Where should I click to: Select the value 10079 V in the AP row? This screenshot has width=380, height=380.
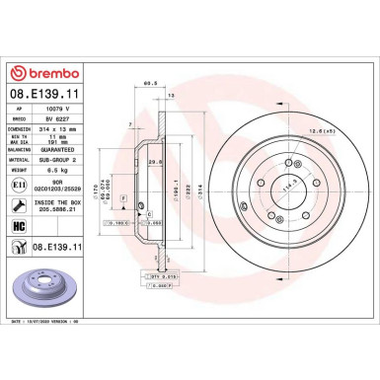pyautogui.click(x=83, y=107)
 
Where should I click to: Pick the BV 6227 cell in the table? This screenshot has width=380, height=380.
pyautogui.click(x=83, y=116)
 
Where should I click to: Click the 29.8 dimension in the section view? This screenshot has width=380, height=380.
pyautogui.click(x=155, y=160)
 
